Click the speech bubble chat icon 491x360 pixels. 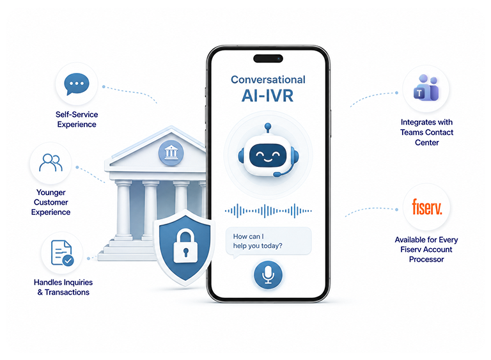tap(77, 84)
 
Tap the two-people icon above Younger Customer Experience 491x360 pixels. tap(51, 162)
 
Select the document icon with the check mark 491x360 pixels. tap(62, 253)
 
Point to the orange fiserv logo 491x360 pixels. tap(427, 207)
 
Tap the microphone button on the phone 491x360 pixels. tap(268, 275)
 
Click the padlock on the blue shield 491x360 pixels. tap(185, 246)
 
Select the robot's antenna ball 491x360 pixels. tap(268, 126)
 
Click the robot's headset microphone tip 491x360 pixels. tap(277, 174)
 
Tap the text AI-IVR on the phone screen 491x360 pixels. tap(267, 96)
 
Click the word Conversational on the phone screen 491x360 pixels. tap(268, 79)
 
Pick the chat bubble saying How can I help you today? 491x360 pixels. tap(269, 242)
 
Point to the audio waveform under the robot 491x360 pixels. tap(268, 211)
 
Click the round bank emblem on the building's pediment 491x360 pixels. tap(171, 153)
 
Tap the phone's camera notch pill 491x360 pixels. tap(268, 58)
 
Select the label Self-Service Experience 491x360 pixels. tap(77, 120)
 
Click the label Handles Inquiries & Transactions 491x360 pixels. tap(63, 287)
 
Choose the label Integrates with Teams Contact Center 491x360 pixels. tap(426, 132)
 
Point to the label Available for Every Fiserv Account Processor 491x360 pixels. tap(426, 249)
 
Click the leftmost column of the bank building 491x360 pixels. tap(124, 209)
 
